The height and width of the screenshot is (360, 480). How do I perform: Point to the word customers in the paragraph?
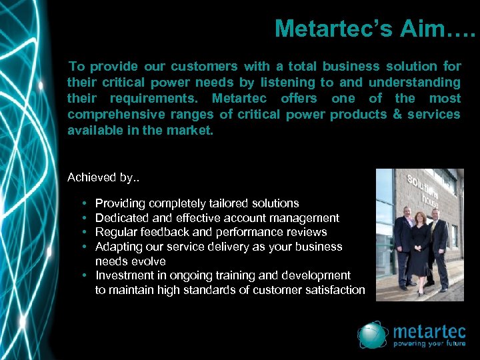coord(204,66)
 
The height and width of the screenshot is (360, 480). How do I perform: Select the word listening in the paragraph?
coord(288,82)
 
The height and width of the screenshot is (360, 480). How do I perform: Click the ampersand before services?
coord(397,114)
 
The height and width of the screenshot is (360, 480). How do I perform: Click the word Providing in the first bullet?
coord(121,203)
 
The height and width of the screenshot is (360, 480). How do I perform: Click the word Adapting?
coord(119,247)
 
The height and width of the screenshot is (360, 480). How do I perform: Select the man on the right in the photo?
coord(438,247)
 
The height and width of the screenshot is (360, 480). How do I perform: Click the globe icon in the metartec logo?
coord(373,335)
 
